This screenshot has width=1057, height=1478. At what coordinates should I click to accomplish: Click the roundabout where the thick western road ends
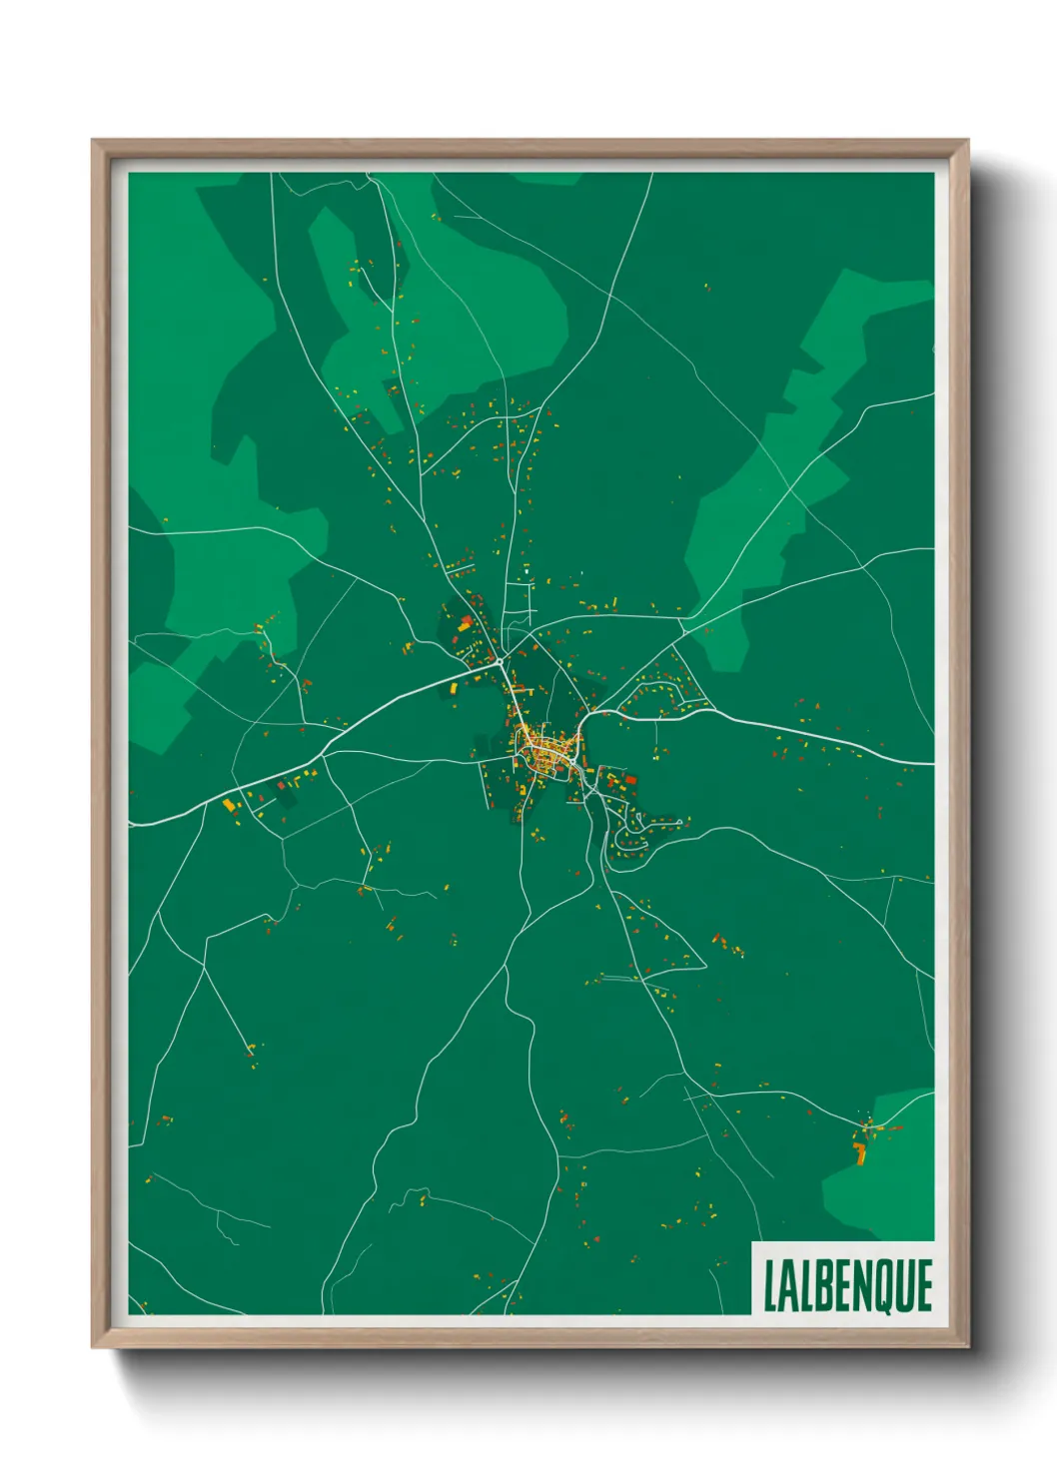point(499,661)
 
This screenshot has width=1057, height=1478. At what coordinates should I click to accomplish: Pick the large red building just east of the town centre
point(630,780)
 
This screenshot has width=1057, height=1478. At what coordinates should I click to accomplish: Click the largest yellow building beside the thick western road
point(228,804)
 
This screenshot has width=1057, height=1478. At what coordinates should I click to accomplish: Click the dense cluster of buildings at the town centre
point(544,747)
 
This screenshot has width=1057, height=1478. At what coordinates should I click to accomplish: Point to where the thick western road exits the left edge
point(131,824)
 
